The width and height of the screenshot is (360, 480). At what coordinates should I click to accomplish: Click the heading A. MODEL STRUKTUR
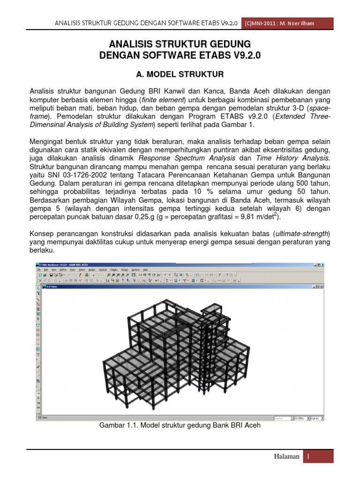(x=180, y=74)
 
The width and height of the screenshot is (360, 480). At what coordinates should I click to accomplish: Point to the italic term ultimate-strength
(x=301, y=233)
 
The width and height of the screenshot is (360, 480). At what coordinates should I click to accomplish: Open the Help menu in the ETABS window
(x=146, y=270)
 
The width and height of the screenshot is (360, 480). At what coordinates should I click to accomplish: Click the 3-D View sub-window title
(x=50, y=287)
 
